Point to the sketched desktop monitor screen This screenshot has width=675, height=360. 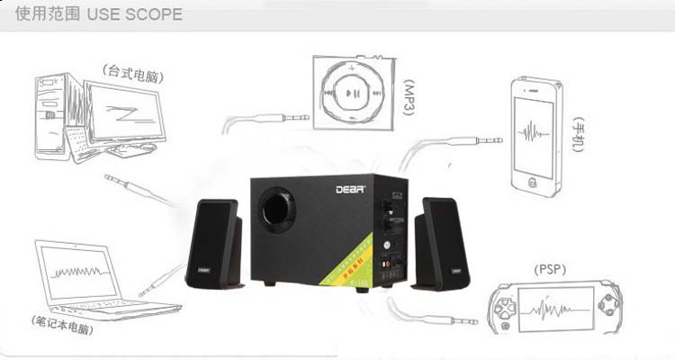tap(125, 116)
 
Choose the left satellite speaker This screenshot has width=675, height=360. tap(214, 244)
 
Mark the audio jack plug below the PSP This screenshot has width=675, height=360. tap(450, 320)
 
